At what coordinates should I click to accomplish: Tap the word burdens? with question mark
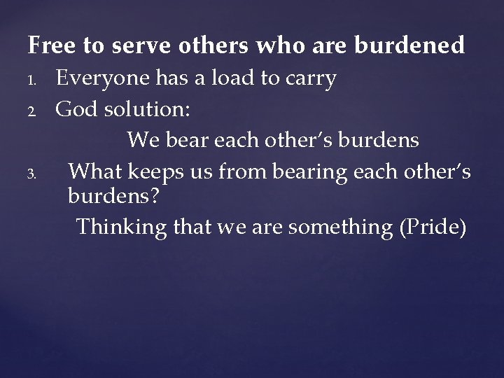click(x=113, y=197)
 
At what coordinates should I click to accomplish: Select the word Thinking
click(x=120, y=227)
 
